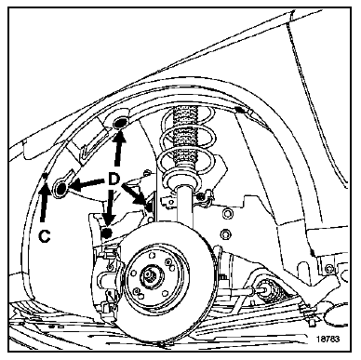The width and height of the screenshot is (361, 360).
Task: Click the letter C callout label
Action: tap(45, 236)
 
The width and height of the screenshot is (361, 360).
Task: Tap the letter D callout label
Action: tap(114, 179)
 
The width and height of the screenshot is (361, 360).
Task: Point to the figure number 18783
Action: tap(328, 339)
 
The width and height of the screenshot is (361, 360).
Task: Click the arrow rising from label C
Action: tap(44, 201)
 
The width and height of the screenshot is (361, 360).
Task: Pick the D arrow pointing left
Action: tap(86, 183)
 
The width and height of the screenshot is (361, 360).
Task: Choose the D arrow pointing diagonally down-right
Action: tap(134, 194)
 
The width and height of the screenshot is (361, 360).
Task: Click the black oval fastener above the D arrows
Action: tap(120, 123)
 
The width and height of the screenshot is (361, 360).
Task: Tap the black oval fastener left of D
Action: tap(60, 188)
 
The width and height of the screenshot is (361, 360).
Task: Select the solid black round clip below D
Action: tap(107, 233)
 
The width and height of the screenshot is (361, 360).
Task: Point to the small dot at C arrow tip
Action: tap(45, 176)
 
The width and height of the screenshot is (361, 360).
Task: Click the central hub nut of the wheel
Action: tap(150, 275)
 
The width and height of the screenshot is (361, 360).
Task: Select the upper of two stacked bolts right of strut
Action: tap(227, 213)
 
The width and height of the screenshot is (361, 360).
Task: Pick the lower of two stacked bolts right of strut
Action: tap(226, 233)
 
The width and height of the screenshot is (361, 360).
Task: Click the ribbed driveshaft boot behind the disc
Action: tap(271, 291)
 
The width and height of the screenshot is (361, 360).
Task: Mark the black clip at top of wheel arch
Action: tap(238, 109)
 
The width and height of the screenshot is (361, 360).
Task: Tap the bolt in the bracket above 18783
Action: tap(328, 268)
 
